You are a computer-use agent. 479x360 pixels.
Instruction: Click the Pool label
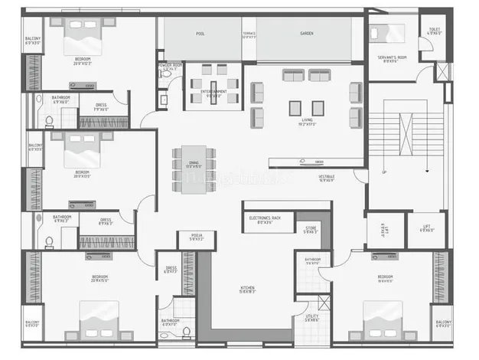[x=200, y=34]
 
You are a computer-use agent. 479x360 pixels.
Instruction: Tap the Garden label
[x=307, y=34]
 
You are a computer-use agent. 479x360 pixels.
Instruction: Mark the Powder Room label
[x=170, y=67]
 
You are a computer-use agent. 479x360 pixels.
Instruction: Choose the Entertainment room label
[x=213, y=93]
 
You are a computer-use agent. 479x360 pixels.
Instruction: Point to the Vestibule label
[x=327, y=179]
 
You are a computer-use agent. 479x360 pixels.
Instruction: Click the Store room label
[x=309, y=230]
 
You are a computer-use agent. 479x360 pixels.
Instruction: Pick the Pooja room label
[x=197, y=238]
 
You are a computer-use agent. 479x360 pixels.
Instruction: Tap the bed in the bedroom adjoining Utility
[x=382, y=315]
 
